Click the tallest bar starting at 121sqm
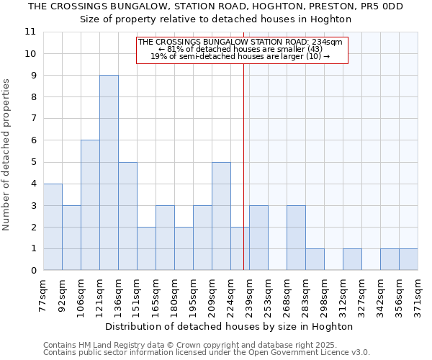(x=109, y=173)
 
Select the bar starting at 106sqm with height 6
(x=90, y=205)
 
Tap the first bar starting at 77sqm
(x=53, y=227)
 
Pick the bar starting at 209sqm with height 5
(x=221, y=216)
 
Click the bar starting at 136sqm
(x=127, y=216)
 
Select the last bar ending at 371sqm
(x=408, y=259)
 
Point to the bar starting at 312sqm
(x=352, y=259)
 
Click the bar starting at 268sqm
(x=296, y=238)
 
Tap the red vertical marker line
(x=244, y=180)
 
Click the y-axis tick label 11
(x=30, y=32)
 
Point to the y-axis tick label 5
(x=32, y=162)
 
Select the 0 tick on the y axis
(x=32, y=271)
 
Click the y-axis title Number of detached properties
(x=7, y=155)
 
